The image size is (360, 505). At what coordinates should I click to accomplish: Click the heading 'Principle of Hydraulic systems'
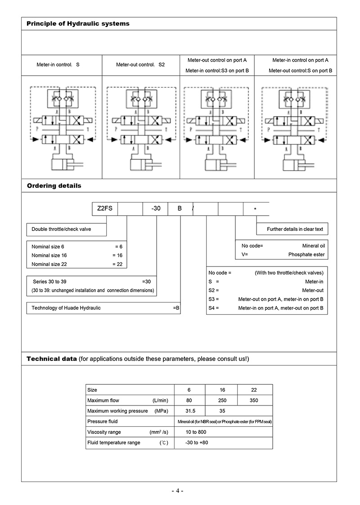click(x=78, y=23)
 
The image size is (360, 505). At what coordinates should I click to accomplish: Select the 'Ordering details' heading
click(x=54, y=185)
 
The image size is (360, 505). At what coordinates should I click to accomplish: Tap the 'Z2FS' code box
click(x=105, y=209)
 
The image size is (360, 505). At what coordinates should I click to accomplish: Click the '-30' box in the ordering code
click(x=155, y=209)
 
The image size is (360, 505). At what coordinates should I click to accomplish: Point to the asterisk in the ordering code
click(x=256, y=209)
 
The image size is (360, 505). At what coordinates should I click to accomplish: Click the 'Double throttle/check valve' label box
click(x=61, y=229)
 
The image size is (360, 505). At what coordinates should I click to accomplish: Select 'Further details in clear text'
click(x=295, y=229)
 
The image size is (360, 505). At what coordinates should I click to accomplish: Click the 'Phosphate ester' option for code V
click(x=306, y=254)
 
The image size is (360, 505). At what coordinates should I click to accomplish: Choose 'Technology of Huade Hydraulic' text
click(x=66, y=308)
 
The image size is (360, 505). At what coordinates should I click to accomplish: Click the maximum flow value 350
click(x=254, y=400)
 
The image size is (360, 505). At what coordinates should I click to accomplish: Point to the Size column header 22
click(x=254, y=390)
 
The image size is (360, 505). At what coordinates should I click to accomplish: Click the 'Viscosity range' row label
click(x=104, y=432)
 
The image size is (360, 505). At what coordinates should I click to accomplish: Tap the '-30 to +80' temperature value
click(x=197, y=442)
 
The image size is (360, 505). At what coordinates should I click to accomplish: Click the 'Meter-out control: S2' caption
click(x=140, y=65)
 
